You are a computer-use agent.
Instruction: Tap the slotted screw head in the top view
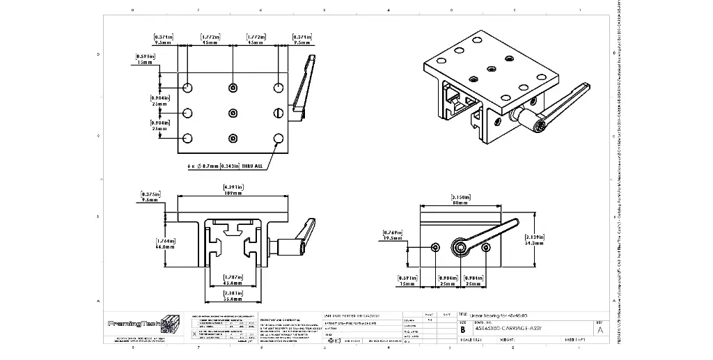tap(278, 113)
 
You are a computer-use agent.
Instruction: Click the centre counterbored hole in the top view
tap(233, 113)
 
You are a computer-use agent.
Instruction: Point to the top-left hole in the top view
tap(188, 88)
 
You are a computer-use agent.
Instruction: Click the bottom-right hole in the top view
tap(278, 138)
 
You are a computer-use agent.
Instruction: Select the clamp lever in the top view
tap(304, 85)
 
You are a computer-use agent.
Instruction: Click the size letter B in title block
tap(463, 329)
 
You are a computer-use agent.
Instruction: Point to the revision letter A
tap(600, 330)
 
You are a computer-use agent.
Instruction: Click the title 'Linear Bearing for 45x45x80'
tap(503, 315)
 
